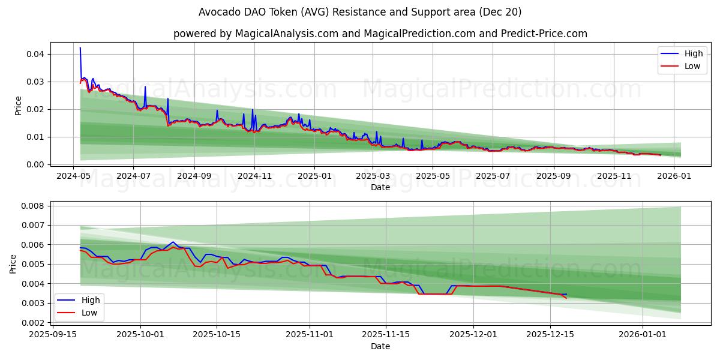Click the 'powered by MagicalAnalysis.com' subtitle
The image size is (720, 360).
pyautogui.click(x=380, y=34)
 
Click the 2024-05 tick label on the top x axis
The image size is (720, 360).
pyautogui.click(x=74, y=176)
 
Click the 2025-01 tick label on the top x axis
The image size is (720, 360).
pyautogui.click(x=314, y=176)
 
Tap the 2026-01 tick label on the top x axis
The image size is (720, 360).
pyautogui.click(x=675, y=176)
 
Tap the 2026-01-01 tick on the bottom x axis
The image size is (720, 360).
pyautogui.click(x=643, y=335)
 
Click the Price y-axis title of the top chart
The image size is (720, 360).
pyautogui.click(x=19, y=105)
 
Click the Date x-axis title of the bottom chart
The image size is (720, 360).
pyautogui.click(x=380, y=346)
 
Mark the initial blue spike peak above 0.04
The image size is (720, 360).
pyautogui.click(x=80, y=48)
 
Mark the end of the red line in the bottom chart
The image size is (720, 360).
pyautogui.click(x=566, y=298)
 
